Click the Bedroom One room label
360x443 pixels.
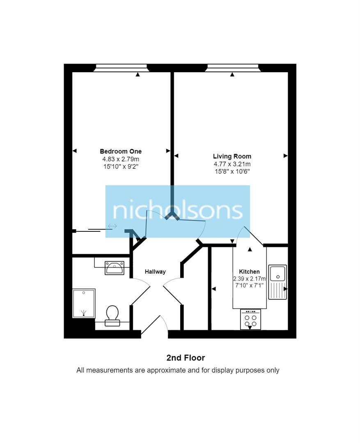tap(121, 151)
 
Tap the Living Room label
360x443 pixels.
tap(232, 156)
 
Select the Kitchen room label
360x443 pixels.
tap(249, 272)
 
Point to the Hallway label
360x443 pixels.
tap(155, 272)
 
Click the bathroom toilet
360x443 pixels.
tap(112, 316)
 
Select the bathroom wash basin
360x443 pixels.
tap(114, 268)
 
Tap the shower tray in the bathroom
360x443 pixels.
tap(84, 303)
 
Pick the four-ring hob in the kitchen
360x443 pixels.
tap(250, 320)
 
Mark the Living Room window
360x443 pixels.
tap(232, 68)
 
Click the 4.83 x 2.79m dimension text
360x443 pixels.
tap(121, 159)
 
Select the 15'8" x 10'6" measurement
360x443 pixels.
tap(232, 171)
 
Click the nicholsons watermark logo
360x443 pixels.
tap(178, 211)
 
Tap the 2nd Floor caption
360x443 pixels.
tap(186, 358)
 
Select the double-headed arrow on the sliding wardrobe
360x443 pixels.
tap(112, 226)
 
